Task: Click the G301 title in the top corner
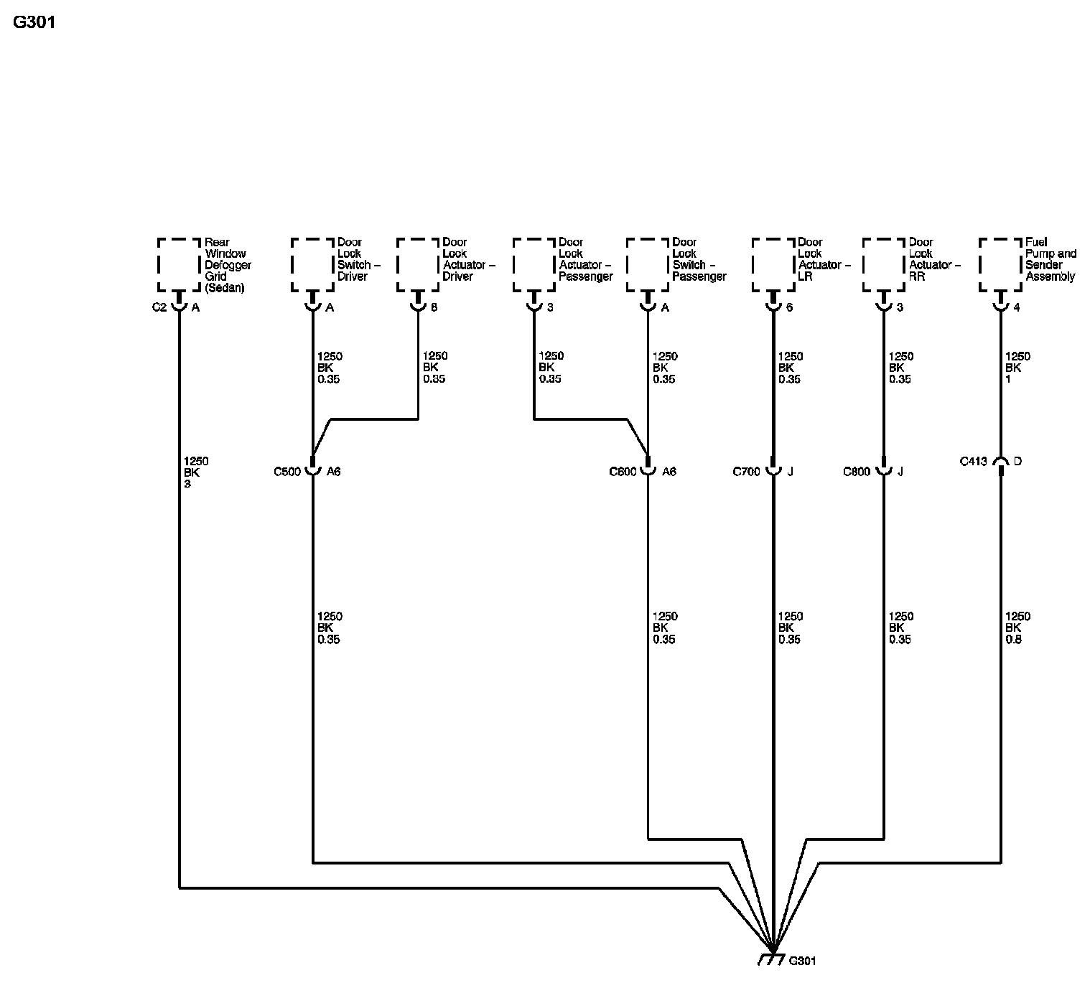34,22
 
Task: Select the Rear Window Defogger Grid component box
179,265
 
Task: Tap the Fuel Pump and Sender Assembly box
1000,265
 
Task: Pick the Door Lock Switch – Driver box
312,265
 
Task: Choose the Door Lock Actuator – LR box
773,265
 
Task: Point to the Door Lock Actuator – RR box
884,265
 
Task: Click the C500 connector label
287,472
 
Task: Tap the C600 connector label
623,472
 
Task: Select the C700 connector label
746,472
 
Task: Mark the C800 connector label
857,472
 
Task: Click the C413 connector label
974,461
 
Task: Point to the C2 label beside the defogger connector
159,307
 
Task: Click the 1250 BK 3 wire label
196,472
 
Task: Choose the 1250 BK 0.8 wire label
1017,628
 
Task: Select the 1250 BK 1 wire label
1017,368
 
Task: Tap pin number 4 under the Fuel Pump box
1017,307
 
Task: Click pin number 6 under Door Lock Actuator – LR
789,307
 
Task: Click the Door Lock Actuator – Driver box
418,265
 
